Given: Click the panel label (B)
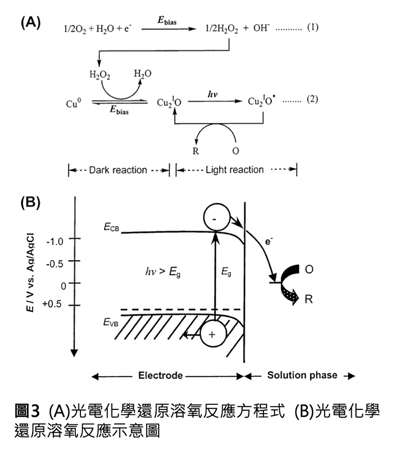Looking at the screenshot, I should click(31, 202).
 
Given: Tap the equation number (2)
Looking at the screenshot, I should click(311, 100).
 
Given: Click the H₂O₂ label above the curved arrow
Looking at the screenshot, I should click(100, 74).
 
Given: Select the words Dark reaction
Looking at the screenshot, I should click(118, 170).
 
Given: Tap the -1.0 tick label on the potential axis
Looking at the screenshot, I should click(53, 241).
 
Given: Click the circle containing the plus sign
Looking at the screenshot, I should click(211, 334).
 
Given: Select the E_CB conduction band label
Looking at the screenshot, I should click(110, 227).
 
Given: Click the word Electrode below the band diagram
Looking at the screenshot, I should click(160, 375).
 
